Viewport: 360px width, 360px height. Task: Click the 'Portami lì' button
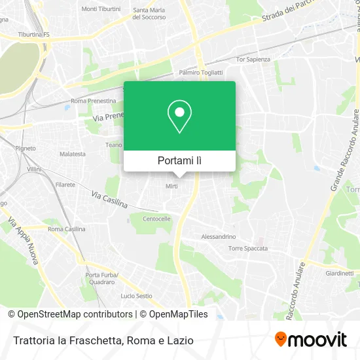click(179, 160)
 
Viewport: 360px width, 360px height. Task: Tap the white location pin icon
click(179, 117)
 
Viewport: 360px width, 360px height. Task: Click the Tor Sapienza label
click(252, 59)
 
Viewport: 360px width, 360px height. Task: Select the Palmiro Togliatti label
click(201, 73)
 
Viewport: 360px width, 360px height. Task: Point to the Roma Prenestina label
click(93, 101)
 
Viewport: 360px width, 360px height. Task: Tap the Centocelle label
click(156, 218)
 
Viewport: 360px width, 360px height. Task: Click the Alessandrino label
click(219, 236)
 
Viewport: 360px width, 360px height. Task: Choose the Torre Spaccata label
click(245, 248)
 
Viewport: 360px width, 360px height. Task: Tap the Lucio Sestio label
click(136, 296)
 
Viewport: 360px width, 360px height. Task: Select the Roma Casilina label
click(66, 229)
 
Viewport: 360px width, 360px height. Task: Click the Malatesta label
click(72, 154)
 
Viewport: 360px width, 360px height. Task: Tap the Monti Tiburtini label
click(98, 10)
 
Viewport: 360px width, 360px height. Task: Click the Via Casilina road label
click(109, 200)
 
